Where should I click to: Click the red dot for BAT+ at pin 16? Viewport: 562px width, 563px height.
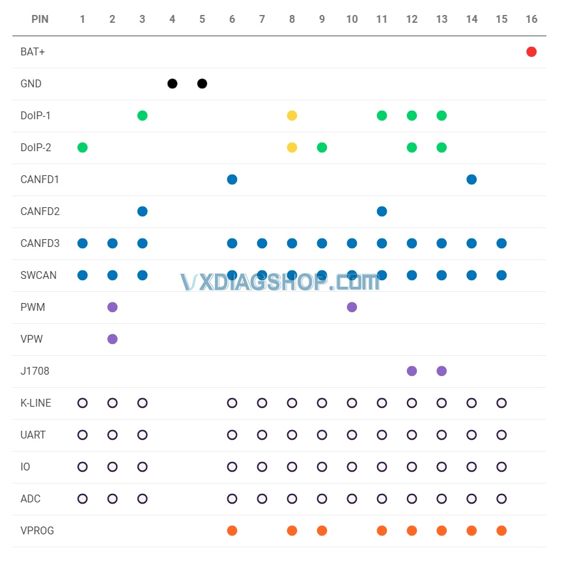(531, 52)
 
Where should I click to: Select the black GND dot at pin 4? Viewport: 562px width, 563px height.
(172, 83)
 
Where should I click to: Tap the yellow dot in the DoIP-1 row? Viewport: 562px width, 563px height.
(292, 115)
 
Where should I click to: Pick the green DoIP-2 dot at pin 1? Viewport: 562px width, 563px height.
(82, 147)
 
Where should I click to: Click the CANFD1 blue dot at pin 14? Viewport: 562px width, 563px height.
(471, 179)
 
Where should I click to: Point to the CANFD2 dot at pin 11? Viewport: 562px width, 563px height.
(382, 211)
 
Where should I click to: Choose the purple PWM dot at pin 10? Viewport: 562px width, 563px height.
(352, 307)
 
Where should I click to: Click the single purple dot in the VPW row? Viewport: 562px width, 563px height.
(112, 339)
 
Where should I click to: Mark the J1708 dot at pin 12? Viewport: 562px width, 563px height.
(412, 371)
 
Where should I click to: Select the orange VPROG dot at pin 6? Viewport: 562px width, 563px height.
(232, 530)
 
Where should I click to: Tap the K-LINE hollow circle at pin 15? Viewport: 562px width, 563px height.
(501, 403)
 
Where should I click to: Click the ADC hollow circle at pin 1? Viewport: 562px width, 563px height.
(82, 498)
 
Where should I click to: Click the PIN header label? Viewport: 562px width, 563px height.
(40, 20)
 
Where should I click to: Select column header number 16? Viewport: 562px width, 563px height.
(531, 20)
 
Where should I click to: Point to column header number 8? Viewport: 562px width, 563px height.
(292, 20)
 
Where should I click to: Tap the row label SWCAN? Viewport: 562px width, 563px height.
(38, 275)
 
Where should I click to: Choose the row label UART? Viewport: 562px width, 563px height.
(33, 435)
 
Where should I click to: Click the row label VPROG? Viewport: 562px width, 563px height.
(37, 530)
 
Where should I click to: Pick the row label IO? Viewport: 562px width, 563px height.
(25, 467)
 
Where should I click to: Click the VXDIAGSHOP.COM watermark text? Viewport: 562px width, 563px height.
(280, 282)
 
